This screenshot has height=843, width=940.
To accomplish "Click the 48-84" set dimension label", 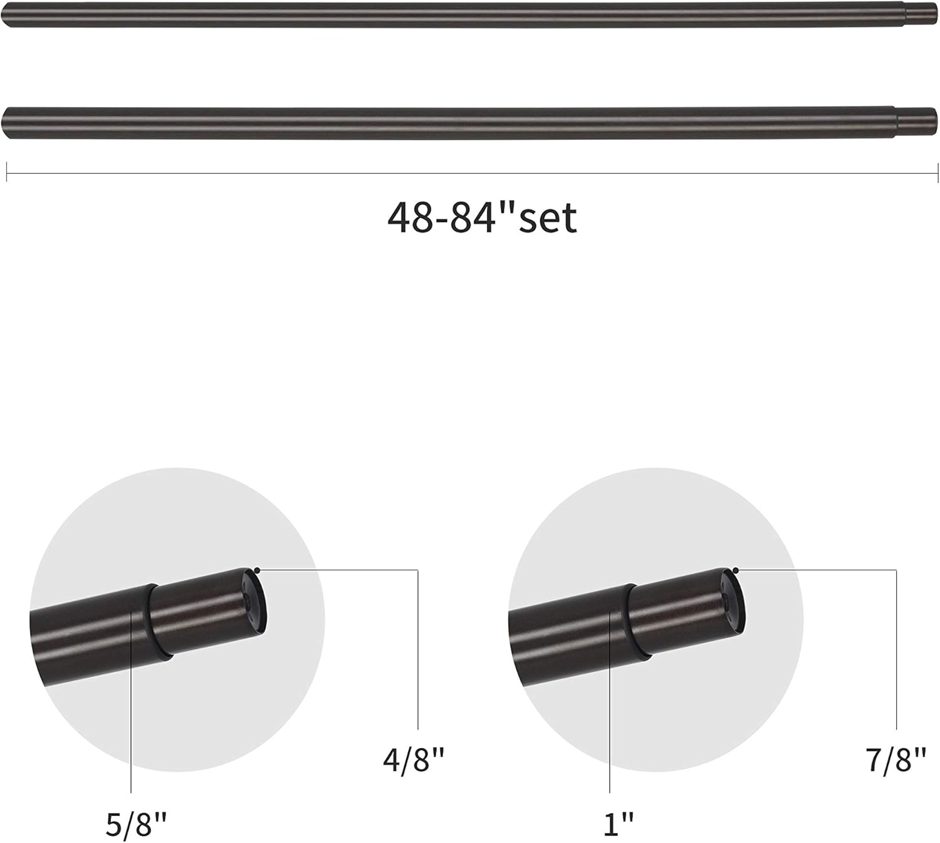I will pos(481,217).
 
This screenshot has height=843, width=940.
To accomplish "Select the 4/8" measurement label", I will pos(414,761).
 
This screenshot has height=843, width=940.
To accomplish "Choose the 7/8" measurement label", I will pos(896,761).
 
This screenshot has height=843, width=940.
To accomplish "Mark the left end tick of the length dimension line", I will pos(7,172).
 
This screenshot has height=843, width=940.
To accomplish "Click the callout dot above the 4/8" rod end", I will pos(257,570).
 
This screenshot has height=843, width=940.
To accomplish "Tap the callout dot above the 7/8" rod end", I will pos(736,570).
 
